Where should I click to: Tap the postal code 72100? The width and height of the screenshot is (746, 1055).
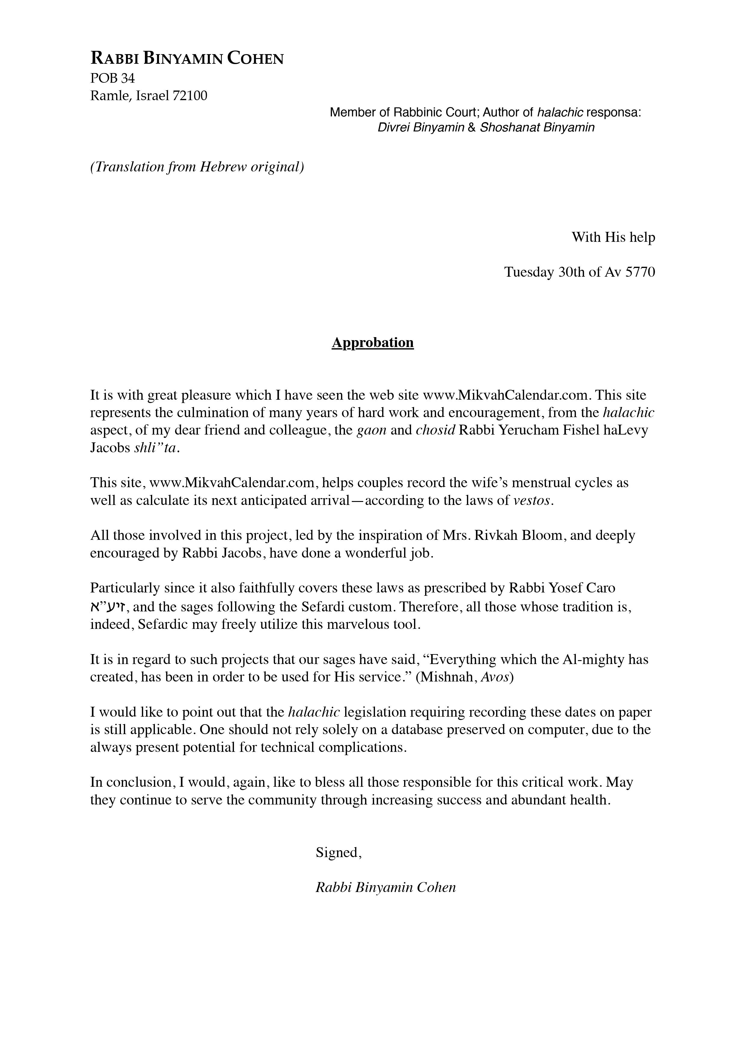(190, 96)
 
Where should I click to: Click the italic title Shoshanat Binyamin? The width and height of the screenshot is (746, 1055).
(537, 127)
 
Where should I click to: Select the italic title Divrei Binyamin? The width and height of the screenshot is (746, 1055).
(421, 127)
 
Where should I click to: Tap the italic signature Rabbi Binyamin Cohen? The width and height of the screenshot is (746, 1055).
(385, 887)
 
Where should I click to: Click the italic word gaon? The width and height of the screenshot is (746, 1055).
(371, 431)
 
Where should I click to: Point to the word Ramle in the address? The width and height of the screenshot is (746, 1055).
(106, 96)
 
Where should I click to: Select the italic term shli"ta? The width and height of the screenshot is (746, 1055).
(155, 448)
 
